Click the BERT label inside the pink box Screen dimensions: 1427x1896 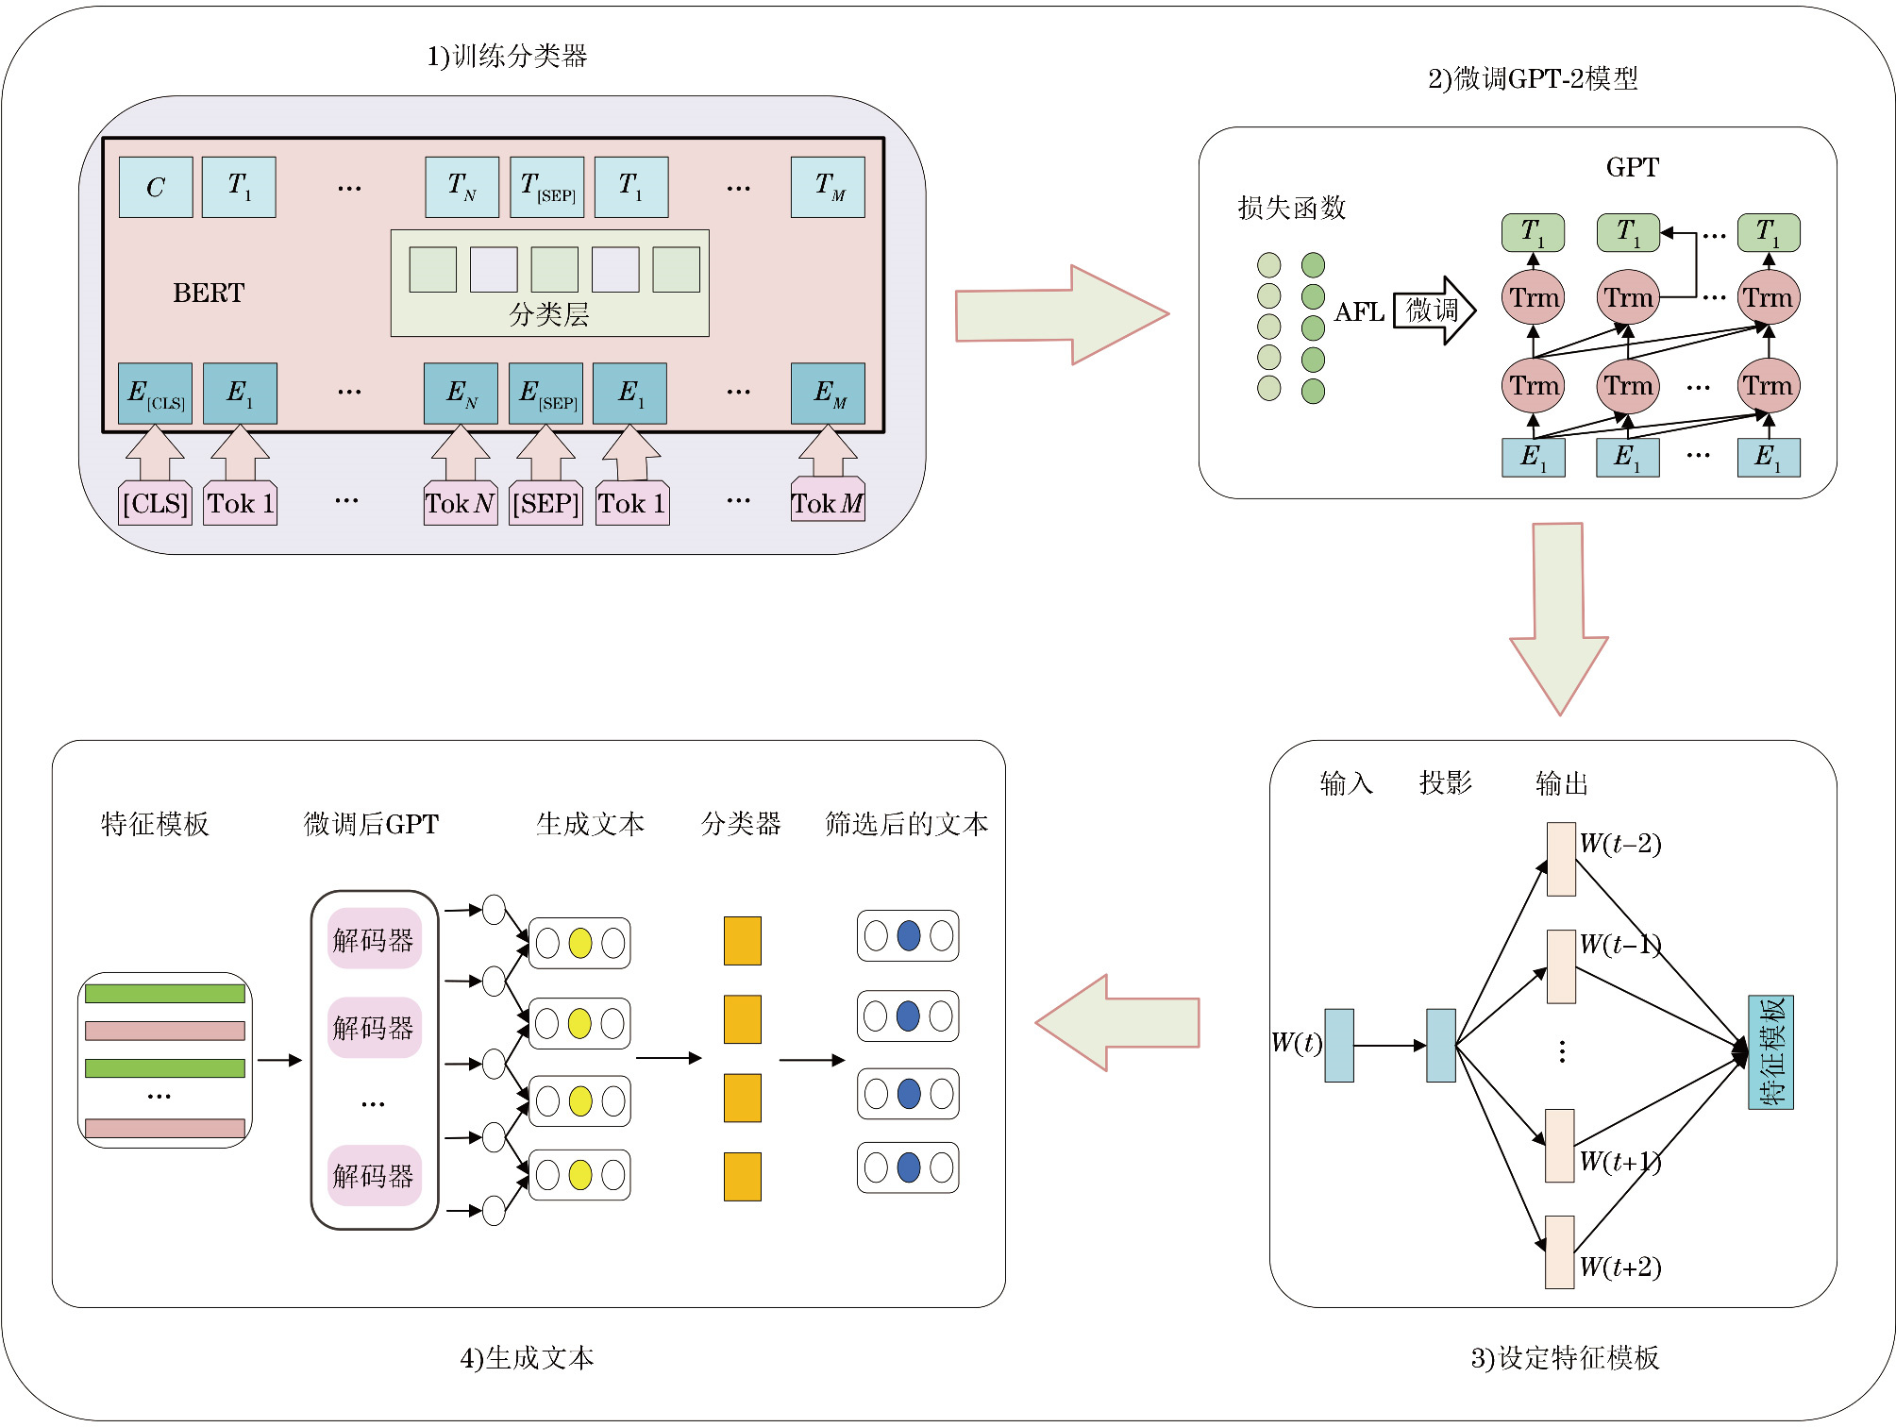tap(209, 293)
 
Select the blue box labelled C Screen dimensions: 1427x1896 tap(156, 187)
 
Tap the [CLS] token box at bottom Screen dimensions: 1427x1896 tap(156, 503)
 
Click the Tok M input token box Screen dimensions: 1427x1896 tap(828, 503)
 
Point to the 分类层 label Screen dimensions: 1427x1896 tap(549, 314)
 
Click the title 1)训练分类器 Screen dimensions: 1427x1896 tap(507, 57)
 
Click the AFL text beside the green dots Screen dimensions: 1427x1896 tap(1359, 312)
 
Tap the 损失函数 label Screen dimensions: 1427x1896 tap(1291, 208)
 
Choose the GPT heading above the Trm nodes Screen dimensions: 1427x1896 tap(1632, 167)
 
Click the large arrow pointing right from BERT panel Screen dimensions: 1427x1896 tap(1062, 315)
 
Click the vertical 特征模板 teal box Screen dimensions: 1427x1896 tap(1770, 1052)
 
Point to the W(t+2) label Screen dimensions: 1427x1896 tap(1620, 1267)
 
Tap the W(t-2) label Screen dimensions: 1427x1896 tap(1620, 843)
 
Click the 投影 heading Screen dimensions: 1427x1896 tap(1445, 782)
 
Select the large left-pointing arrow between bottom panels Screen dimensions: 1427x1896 tap(1117, 1023)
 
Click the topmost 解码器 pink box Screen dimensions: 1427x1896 tap(374, 939)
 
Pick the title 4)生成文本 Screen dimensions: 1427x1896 tap(527, 1358)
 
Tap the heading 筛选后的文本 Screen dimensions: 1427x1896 tap(906, 824)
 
